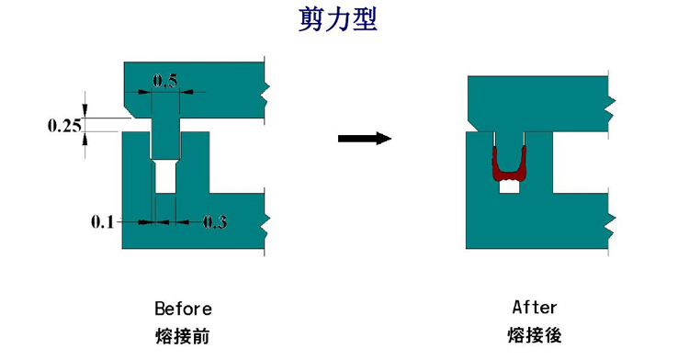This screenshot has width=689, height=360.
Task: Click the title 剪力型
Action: click(x=338, y=20)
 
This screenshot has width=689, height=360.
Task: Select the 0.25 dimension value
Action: click(x=65, y=126)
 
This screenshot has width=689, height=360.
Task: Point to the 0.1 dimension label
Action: click(x=104, y=221)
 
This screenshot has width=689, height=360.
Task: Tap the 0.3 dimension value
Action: click(x=214, y=221)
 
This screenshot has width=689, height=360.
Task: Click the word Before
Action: click(x=183, y=309)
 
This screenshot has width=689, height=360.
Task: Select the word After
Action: click(x=535, y=308)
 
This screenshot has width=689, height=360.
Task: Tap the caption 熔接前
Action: click(x=183, y=336)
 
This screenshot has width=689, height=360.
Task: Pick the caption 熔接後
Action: click(x=535, y=335)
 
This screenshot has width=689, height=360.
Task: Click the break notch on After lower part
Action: click(x=609, y=219)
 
